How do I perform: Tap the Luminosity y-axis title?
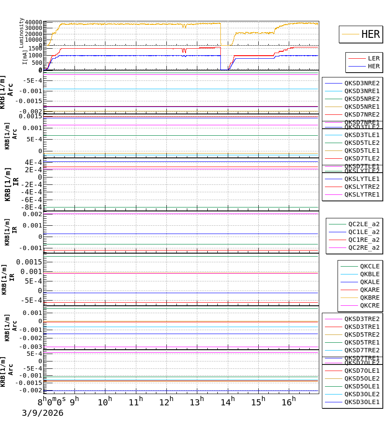(21, 33)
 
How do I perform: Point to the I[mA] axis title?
(25, 57)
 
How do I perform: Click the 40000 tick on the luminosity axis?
(33, 23)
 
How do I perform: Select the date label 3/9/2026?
(43, 413)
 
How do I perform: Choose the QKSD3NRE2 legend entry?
(362, 83)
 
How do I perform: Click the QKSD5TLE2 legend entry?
(362, 143)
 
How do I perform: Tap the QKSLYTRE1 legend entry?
(362, 194)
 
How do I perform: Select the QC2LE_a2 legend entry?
(363, 224)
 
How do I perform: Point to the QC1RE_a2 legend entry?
(363, 240)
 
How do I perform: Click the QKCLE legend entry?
(369, 266)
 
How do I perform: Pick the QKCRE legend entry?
(369, 305)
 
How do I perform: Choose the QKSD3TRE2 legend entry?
(362, 319)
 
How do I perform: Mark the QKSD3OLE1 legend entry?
(362, 402)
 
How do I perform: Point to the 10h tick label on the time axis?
(105, 402)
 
